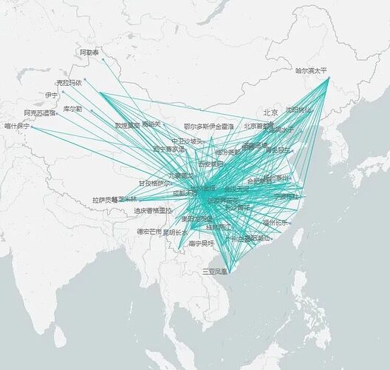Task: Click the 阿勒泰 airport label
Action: click(89, 53)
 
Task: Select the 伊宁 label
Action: click(51, 95)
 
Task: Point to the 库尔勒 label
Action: click(72, 109)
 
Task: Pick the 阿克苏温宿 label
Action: click(40, 113)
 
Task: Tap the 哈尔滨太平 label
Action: click(311, 71)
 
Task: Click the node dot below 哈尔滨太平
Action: click(328, 78)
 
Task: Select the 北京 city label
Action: click(270, 112)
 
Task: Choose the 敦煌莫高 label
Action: click(126, 125)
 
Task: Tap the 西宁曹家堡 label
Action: click(168, 149)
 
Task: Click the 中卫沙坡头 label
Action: click(187, 141)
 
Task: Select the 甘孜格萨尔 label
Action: click(154, 183)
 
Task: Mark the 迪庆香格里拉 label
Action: click(153, 211)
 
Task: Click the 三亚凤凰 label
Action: click(218, 272)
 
